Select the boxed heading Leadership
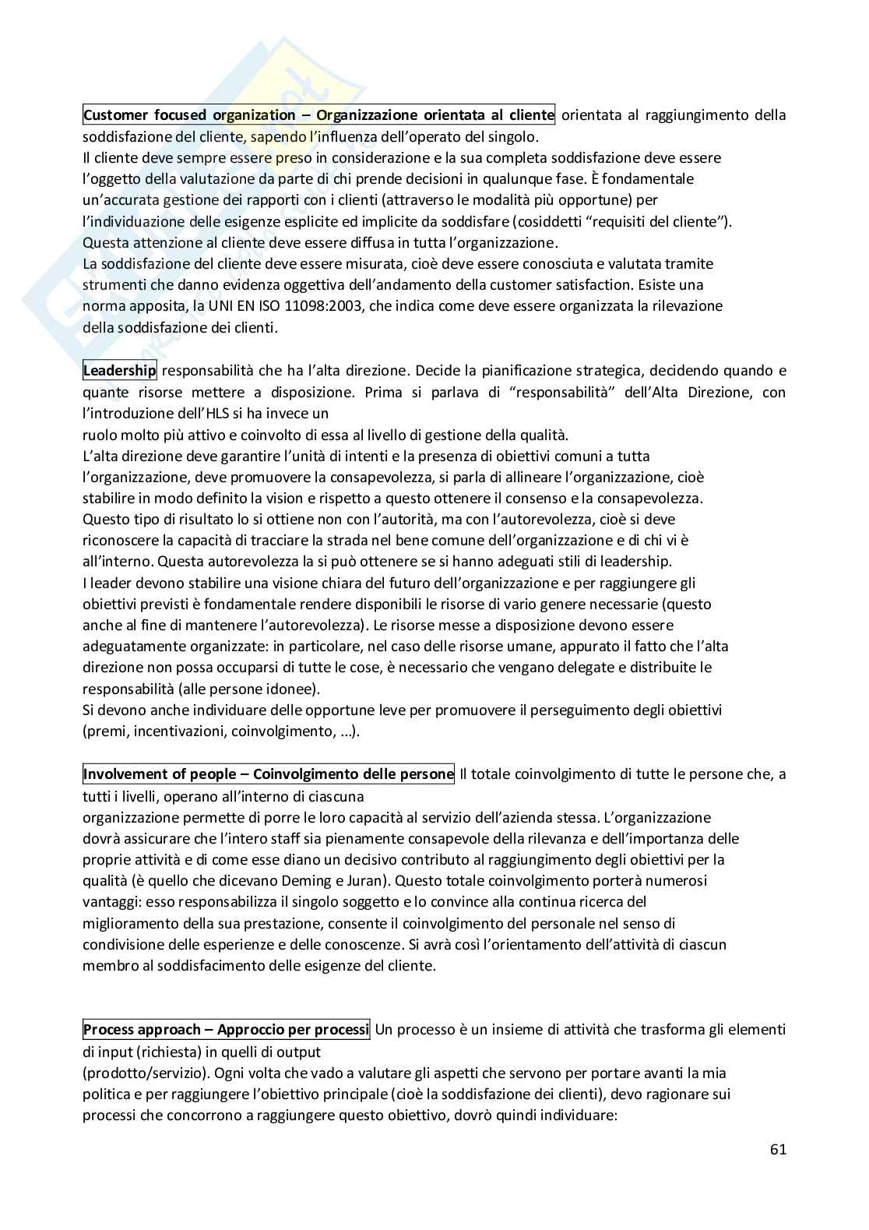(120, 371)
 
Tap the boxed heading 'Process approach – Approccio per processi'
(226, 1030)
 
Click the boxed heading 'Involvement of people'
(268, 774)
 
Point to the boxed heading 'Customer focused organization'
(318, 115)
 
